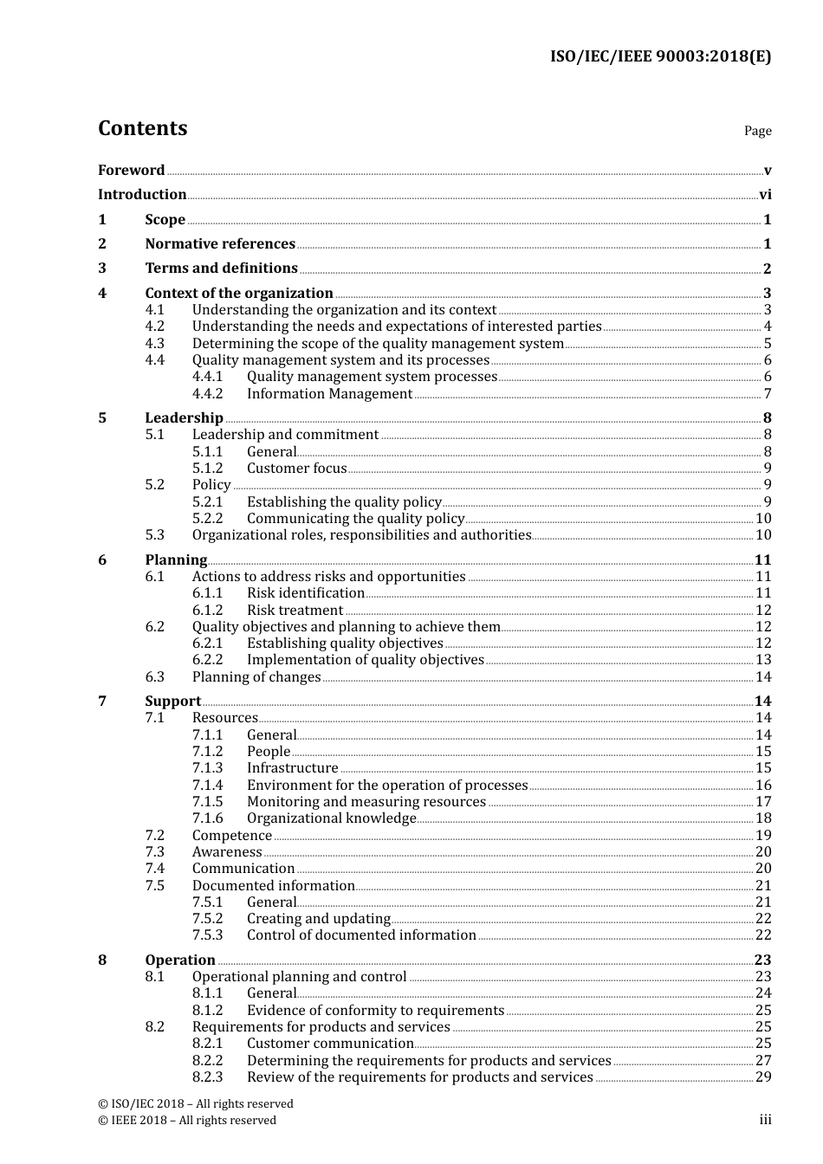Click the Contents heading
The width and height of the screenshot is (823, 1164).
pos(142,128)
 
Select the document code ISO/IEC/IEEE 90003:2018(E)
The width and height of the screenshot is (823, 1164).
pos(660,57)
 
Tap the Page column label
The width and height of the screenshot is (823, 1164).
pos(757,131)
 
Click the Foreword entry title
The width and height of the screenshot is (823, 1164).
pos(131,171)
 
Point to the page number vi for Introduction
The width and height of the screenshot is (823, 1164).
pos(765,195)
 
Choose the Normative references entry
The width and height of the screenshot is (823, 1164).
pos(220,244)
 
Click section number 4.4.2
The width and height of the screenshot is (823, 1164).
pos(207,394)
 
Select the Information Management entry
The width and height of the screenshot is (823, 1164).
pos(329,394)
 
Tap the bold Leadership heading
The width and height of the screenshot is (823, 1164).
pos(184,418)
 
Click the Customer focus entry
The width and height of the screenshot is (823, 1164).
pos(296,469)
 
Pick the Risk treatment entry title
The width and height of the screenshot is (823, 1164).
pos(295,611)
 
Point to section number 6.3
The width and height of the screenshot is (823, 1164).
pos(154,677)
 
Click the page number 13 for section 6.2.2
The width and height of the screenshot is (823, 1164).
pos(763,660)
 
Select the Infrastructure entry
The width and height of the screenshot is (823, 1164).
pos(292,768)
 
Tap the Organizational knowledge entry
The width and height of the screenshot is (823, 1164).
pos(331,818)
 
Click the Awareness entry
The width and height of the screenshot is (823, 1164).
pos(226,852)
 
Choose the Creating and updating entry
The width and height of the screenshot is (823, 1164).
pos(318,919)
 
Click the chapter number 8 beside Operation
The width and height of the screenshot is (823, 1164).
pos(102,960)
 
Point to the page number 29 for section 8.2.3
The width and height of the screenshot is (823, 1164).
pos(763,1077)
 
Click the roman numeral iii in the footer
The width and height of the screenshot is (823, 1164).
pos(765,1120)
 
